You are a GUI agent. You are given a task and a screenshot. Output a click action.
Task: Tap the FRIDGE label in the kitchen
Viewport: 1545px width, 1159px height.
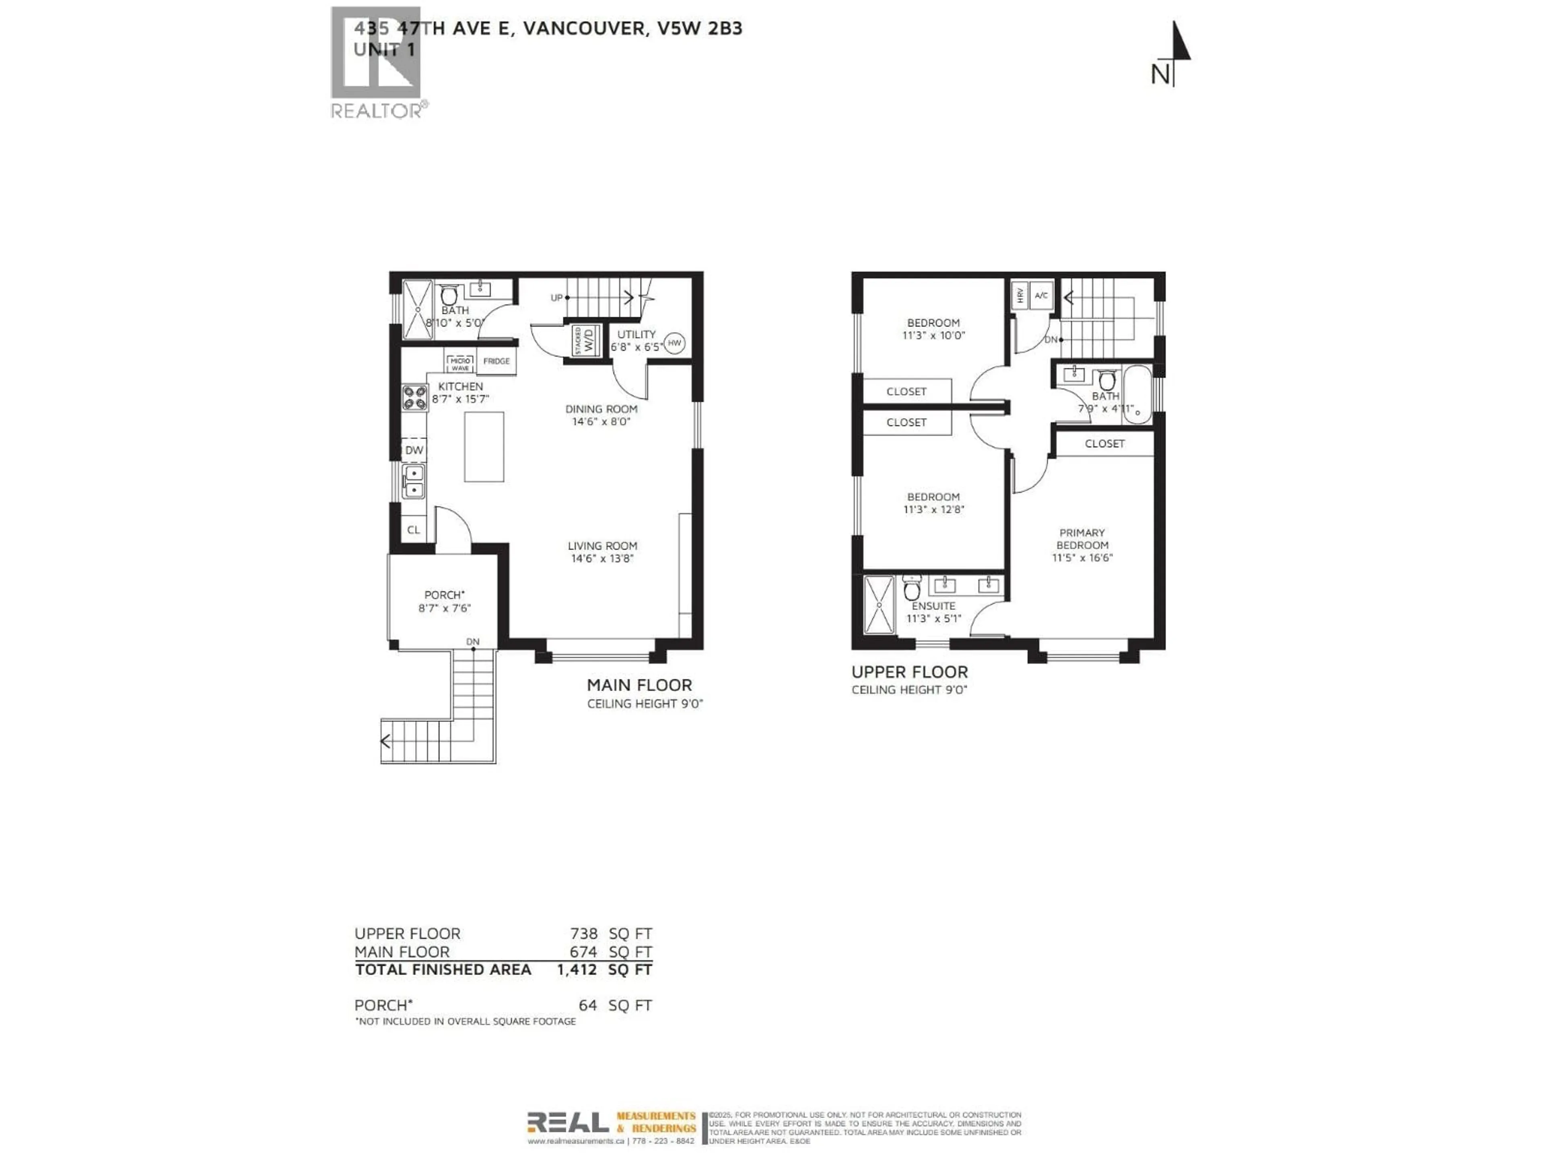click(x=496, y=361)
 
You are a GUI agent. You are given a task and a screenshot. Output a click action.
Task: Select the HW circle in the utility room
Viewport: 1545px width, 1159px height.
click(x=674, y=343)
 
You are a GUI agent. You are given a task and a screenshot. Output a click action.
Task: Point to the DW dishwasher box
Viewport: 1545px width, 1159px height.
click(x=414, y=450)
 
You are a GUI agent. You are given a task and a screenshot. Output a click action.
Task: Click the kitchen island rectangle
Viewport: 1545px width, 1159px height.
click(x=484, y=446)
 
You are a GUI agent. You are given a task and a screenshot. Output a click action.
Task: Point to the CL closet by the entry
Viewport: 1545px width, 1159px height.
click(x=414, y=530)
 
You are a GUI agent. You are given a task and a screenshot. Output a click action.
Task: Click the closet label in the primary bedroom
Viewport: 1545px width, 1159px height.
click(x=1104, y=443)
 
